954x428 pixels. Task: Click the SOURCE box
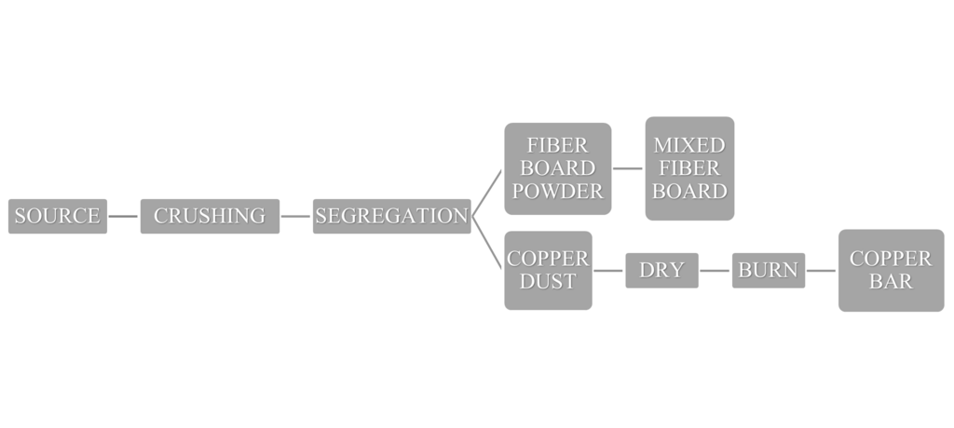coord(57,216)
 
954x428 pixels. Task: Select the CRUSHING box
coord(210,216)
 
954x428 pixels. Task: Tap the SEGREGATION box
coord(391,216)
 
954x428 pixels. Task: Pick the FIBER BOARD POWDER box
coord(558,168)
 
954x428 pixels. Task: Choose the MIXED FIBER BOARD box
coord(689,168)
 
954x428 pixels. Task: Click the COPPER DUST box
coord(548,270)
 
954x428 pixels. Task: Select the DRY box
coord(661,271)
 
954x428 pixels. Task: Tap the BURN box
coord(768,271)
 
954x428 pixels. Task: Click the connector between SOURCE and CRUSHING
coord(124,216)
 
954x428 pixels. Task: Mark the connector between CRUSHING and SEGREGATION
coord(295,216)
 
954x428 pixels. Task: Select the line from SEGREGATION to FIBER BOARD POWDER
coord(487,194)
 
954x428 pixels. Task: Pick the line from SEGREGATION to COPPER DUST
coord(487,240)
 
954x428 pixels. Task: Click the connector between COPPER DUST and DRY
coord(608,271)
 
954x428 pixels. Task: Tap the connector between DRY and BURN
coord(715,271)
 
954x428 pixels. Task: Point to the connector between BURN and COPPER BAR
coord(821,271)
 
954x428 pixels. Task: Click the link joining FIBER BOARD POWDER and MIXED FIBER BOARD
coord(628,168)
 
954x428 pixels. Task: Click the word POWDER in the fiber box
coord(558,191)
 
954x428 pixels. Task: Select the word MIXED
coord(689,145)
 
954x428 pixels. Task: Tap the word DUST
coord(548,281)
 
